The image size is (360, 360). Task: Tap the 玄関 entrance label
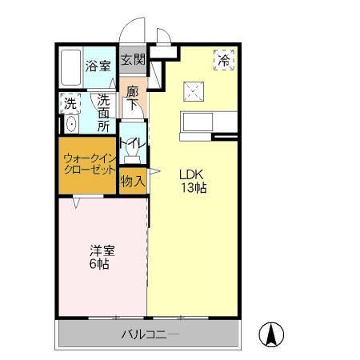(133, 59)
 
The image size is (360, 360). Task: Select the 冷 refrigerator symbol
(224, 59)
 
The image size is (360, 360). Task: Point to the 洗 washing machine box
(70, 102)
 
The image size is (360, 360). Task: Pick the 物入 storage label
(133, 181)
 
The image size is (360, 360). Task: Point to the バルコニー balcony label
(150, 334)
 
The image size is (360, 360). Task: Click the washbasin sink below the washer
(70, 125)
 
